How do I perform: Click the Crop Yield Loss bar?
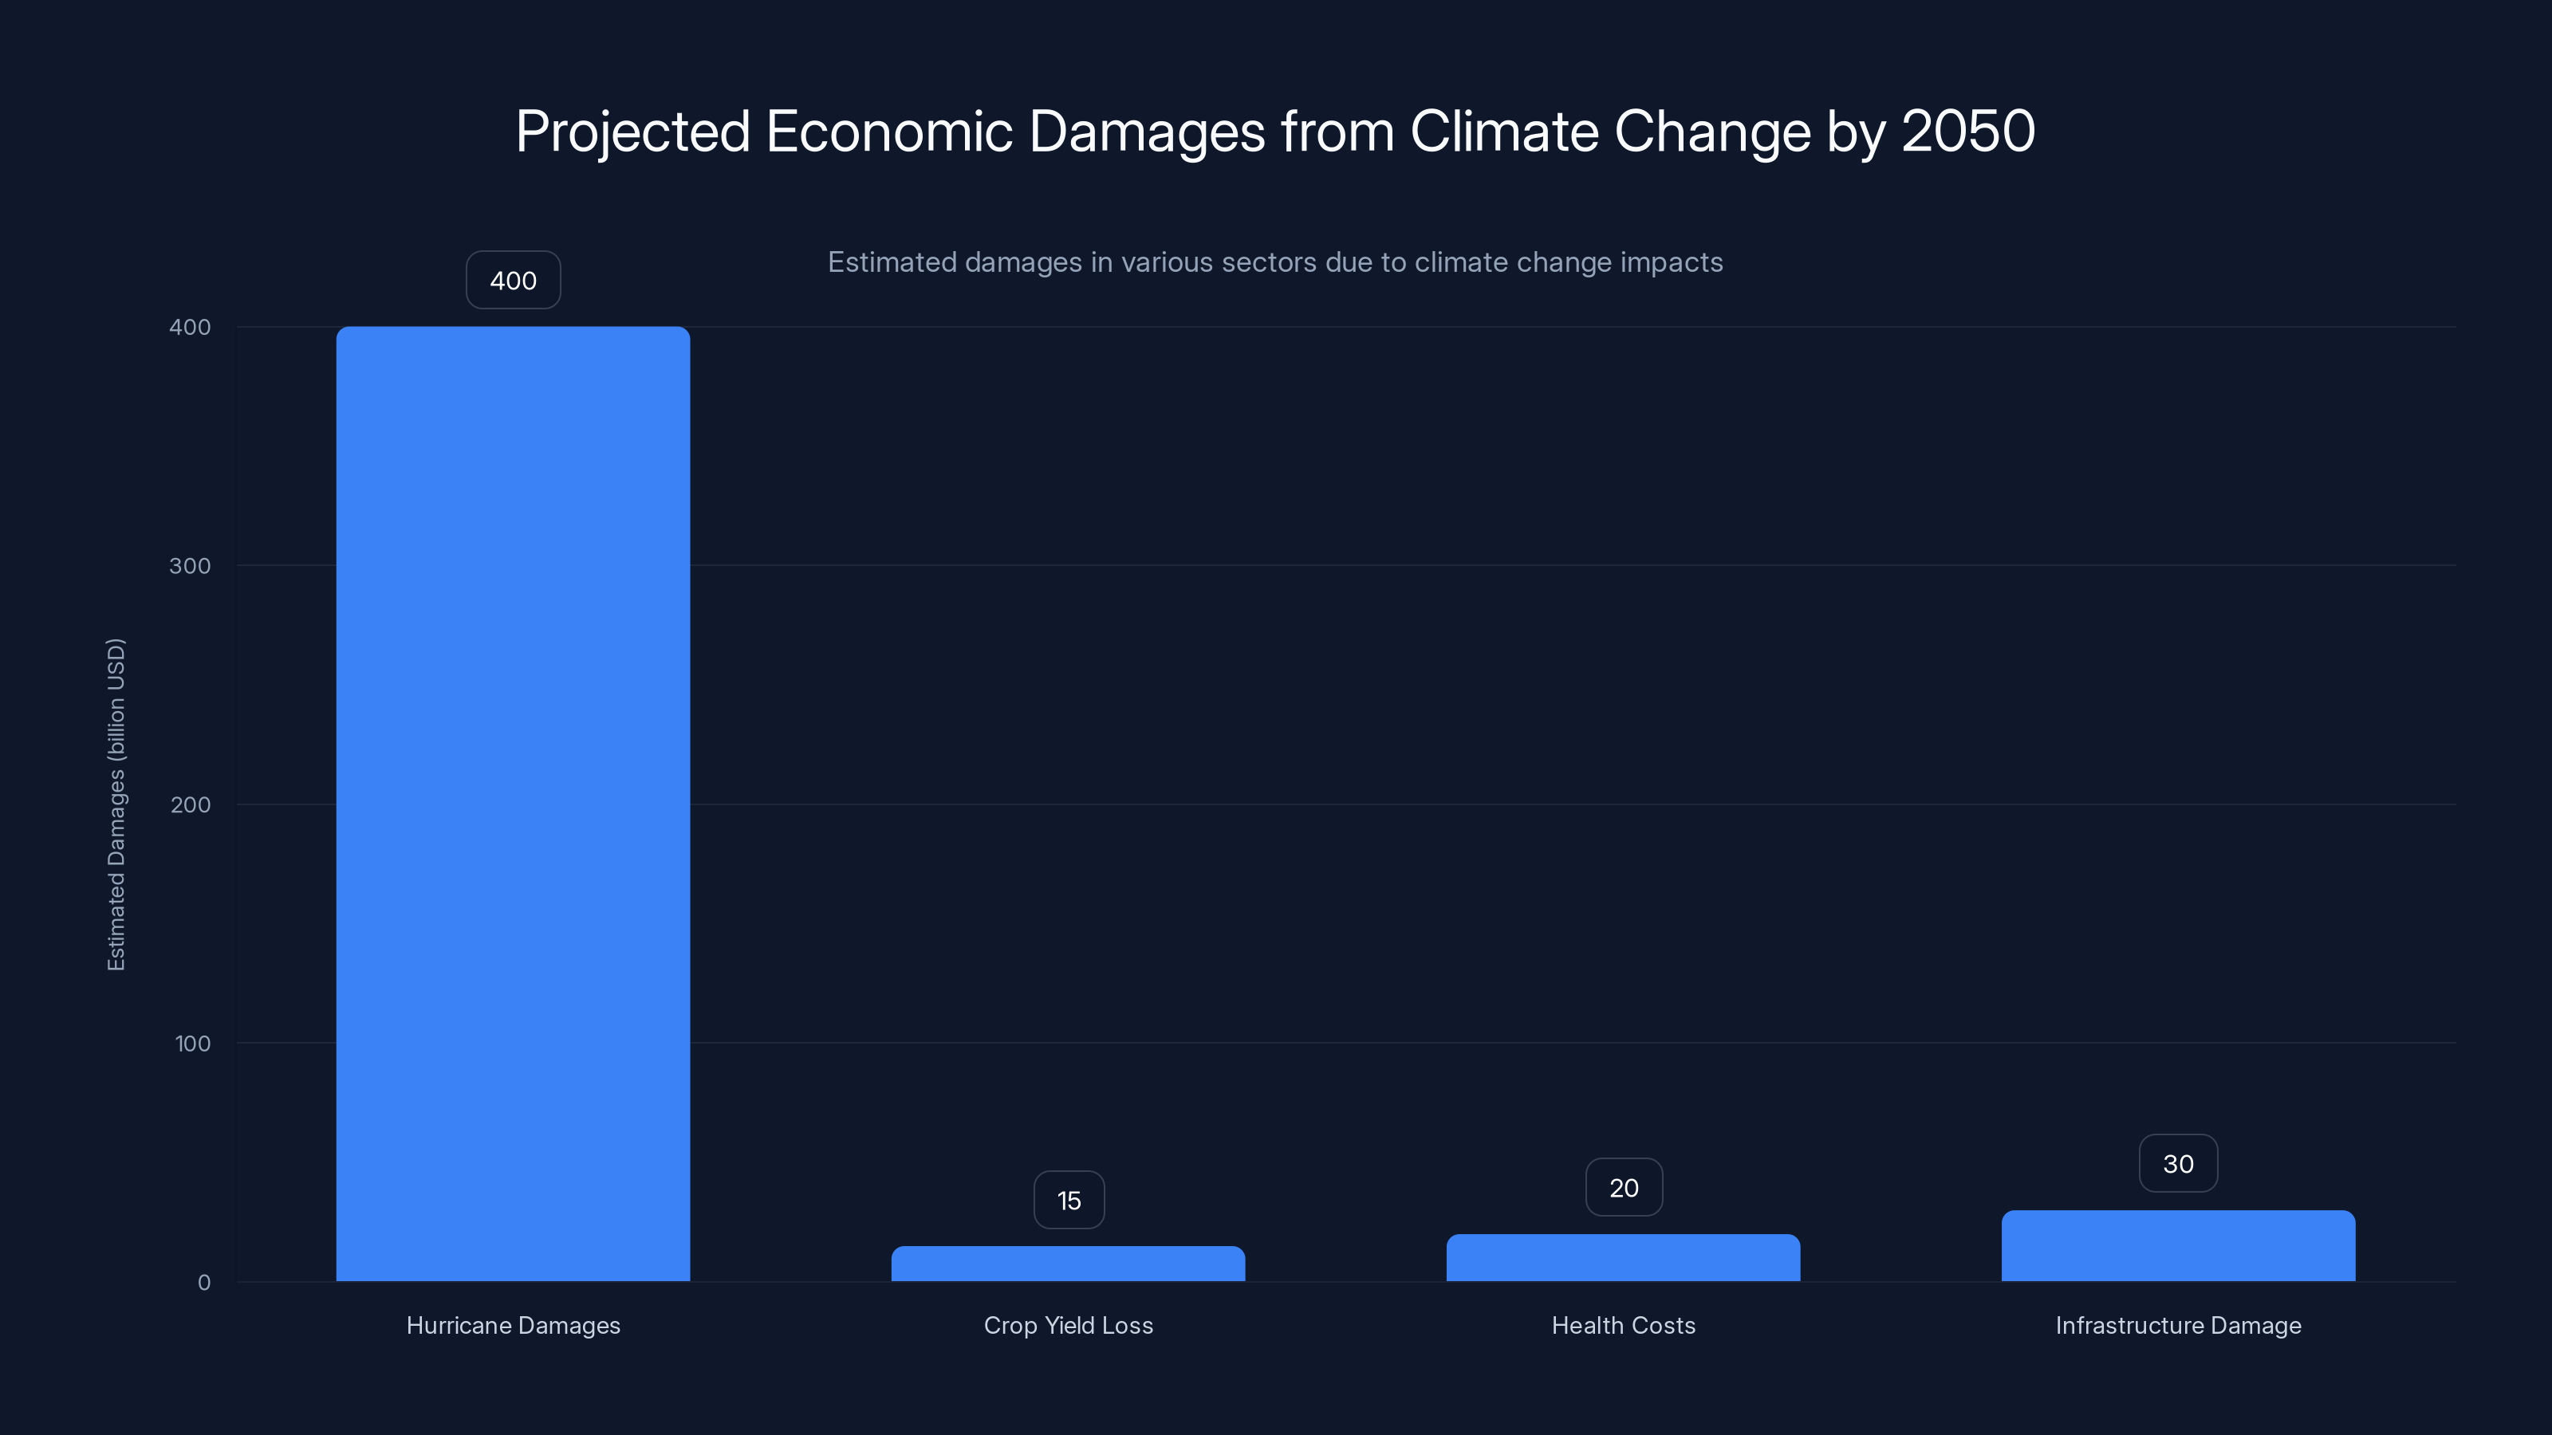pos(1068,1264)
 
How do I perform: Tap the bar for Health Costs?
pos(1623,1258)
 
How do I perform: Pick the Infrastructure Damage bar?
pos(2177,1246)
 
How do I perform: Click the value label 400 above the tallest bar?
pos(513,281)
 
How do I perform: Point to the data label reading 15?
pos(1069,1201)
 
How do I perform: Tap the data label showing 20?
pos(1624,1187)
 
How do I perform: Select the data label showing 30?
pos(2177,1164)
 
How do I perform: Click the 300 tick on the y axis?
pos(191,565)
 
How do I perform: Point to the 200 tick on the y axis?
pos(191,804)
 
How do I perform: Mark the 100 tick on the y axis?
pos(192,1043)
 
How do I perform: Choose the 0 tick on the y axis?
pos(204,1283)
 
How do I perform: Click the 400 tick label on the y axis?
pos(191,327)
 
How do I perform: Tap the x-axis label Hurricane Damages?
pos(513,1325)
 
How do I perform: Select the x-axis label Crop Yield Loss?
pos(1068,1325)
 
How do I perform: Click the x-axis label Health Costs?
pos(1623,1325)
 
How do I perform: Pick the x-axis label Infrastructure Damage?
pos(2177,1325)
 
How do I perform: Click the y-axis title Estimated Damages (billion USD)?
pos(116,804)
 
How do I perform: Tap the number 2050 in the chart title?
pos(1967,131)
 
